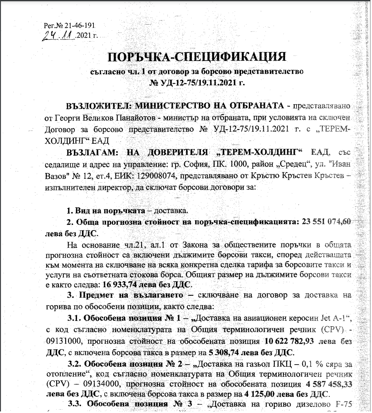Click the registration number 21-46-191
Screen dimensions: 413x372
79,25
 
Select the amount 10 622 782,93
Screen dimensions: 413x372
289,341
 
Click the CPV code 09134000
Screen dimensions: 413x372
102,384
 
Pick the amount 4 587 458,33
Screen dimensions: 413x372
328,384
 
